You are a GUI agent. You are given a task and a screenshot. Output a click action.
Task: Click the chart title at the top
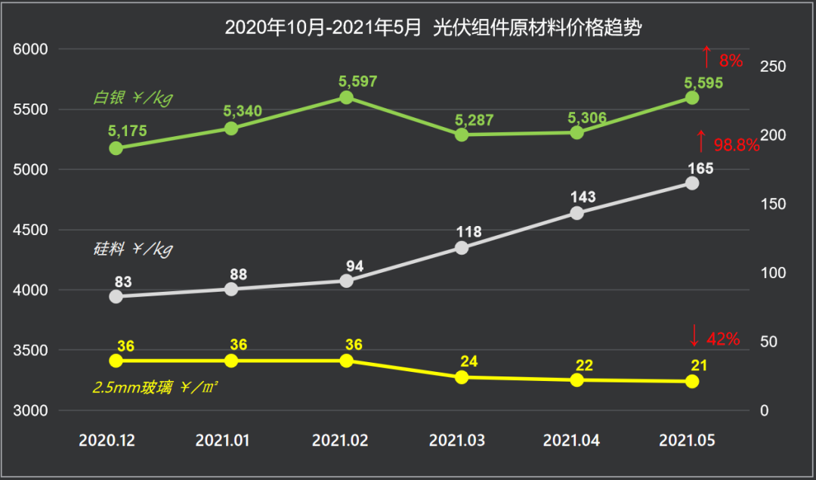pos(434,28)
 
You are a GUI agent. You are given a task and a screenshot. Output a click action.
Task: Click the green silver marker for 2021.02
pos(347,98)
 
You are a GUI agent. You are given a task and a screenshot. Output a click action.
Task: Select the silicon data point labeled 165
pos(692,183)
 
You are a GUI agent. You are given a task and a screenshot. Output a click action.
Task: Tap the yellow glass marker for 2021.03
pos(462,376)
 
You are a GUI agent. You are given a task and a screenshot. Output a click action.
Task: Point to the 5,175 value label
pos(128,131)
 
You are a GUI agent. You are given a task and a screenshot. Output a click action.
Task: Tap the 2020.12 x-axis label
pos(107,441)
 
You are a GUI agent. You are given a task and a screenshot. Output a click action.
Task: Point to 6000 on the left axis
pos(31,49)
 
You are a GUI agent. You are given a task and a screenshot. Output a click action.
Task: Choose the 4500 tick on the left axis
pos(31,230)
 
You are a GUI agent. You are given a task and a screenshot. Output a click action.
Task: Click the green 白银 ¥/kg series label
pos(128,98)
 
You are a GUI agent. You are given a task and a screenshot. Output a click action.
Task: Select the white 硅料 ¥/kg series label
pos(128,249)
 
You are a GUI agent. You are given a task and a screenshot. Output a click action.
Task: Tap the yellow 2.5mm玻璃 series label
pos(156,388)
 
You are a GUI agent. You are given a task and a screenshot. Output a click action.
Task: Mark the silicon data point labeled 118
pos(462,248)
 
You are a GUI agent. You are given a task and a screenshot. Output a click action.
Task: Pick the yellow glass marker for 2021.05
pos(692,382)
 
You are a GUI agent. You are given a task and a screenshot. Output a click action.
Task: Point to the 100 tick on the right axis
pos(772,273)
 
